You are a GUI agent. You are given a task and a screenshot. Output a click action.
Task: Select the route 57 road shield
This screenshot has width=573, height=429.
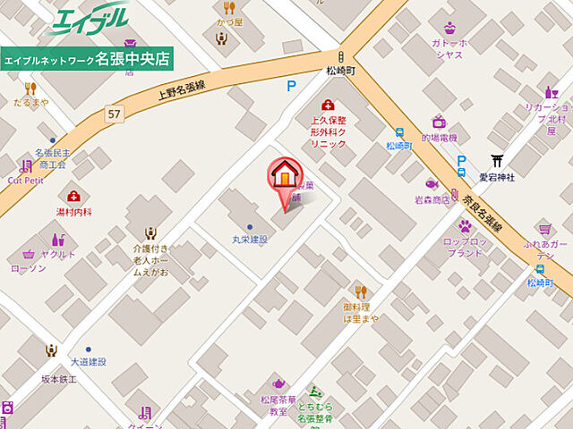click(113, 114)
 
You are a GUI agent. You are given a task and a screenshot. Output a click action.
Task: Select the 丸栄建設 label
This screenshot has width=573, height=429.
click(244, 240)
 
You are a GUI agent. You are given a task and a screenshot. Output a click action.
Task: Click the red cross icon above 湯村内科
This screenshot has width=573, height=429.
click(73, 197)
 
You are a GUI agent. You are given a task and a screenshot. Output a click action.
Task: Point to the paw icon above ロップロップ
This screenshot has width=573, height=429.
click(465, 226)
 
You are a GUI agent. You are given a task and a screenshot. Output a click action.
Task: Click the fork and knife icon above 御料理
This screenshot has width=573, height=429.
click(361, 291)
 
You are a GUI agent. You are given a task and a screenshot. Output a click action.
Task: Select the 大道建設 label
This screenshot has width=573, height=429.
click(89, 362)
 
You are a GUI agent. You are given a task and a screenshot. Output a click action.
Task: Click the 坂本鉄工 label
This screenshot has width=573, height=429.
click(60, 380)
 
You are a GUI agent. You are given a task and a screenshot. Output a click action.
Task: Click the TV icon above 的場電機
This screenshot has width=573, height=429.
click(439, 122)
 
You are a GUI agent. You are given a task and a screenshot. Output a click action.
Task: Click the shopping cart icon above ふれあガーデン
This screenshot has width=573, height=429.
click(543, 230)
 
